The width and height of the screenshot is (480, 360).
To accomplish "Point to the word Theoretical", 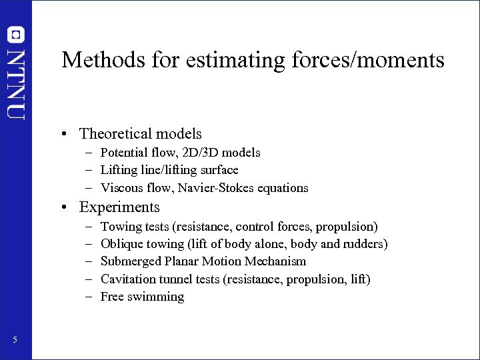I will tap(114, 134).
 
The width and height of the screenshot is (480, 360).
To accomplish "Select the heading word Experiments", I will tap(119, 207).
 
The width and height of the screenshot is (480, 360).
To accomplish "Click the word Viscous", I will tap(121, 188).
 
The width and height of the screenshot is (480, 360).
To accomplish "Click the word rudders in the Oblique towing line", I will tap(363, 244).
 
